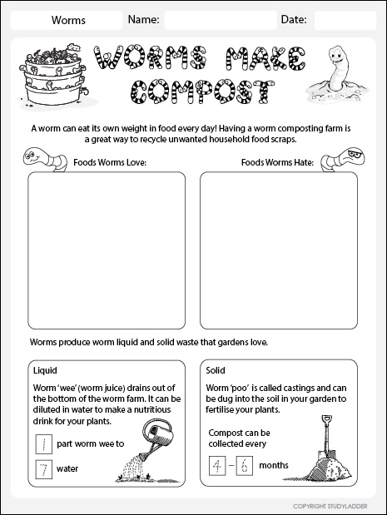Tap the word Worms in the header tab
pos(68,19)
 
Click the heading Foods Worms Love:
pos(110,162)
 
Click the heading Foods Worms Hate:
pos(277,162)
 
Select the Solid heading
pos(216,369)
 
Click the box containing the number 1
pos(42,443)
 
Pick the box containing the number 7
pos(42,468)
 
